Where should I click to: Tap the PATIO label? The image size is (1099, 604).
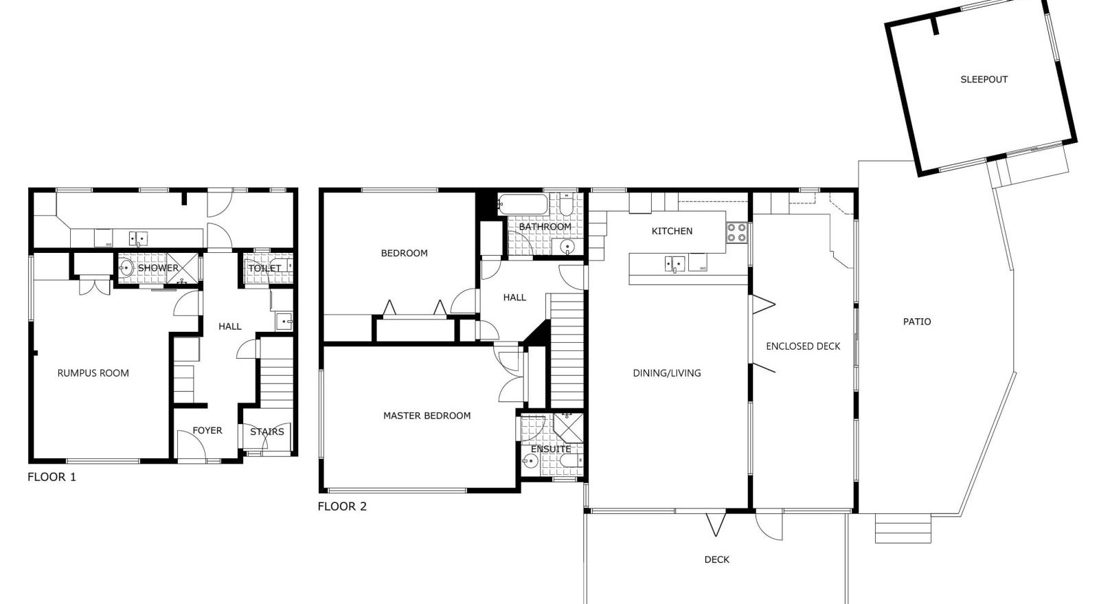(x=917, y=322)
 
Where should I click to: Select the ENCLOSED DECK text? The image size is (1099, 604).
(x=803, y=346)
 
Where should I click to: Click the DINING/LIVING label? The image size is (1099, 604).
(x=666, y=373)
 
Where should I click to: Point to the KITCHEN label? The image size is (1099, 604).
(x=672, y=231)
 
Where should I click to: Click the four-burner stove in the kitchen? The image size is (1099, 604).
(x=736, y=232)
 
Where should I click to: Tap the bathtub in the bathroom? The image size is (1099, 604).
(x=522, y=204)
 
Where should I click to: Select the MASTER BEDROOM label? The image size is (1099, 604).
(x=427, y=416)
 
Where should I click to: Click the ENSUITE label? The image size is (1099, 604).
(x=550, y=449)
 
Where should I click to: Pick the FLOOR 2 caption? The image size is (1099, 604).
(x=341, y=507)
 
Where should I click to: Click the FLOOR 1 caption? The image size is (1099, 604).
(x=52, y=477)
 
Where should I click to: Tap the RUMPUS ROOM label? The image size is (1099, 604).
(x=93, y=373)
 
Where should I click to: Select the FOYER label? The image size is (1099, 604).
(x=207, y=431)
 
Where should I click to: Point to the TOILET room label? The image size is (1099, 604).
(x=264, y=268)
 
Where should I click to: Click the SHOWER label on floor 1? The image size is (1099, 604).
(x=158, y=268)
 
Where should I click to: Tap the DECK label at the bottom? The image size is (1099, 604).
(x=716, y=560)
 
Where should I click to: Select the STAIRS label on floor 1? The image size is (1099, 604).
(x=267, y=432)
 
